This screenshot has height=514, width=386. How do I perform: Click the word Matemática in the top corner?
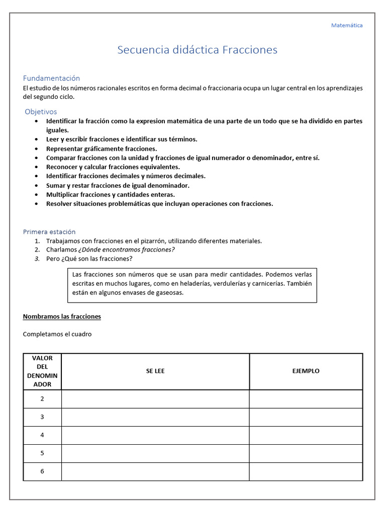point(346,25)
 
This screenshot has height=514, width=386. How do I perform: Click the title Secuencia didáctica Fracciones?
point(197,50)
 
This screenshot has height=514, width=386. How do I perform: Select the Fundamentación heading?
point(51,78)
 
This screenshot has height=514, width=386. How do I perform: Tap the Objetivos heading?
point(41,112)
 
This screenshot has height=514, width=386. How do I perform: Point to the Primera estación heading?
point(49,232)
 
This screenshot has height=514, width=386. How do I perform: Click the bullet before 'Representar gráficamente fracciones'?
point(36,149)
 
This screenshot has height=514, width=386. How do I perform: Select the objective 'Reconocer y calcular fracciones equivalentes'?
point(113,167)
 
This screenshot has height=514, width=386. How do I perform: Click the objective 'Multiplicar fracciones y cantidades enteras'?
point(111,195)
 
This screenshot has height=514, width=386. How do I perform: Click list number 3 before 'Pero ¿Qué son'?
point(37,259)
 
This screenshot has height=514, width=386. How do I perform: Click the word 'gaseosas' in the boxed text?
point(170,293)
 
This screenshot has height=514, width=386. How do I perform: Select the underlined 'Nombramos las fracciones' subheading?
point(62,317)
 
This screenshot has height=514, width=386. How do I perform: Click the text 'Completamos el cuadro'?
point(57,334)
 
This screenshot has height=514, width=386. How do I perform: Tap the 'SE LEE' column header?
point(155,371)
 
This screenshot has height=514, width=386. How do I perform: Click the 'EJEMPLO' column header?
point(306,371)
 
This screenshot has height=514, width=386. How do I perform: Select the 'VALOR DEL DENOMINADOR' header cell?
point(42,371)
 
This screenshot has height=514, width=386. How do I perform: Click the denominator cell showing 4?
point(42,435)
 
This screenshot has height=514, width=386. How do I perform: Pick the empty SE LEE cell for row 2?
point(155,399)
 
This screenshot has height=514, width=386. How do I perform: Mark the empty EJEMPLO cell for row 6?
point(306,471)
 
